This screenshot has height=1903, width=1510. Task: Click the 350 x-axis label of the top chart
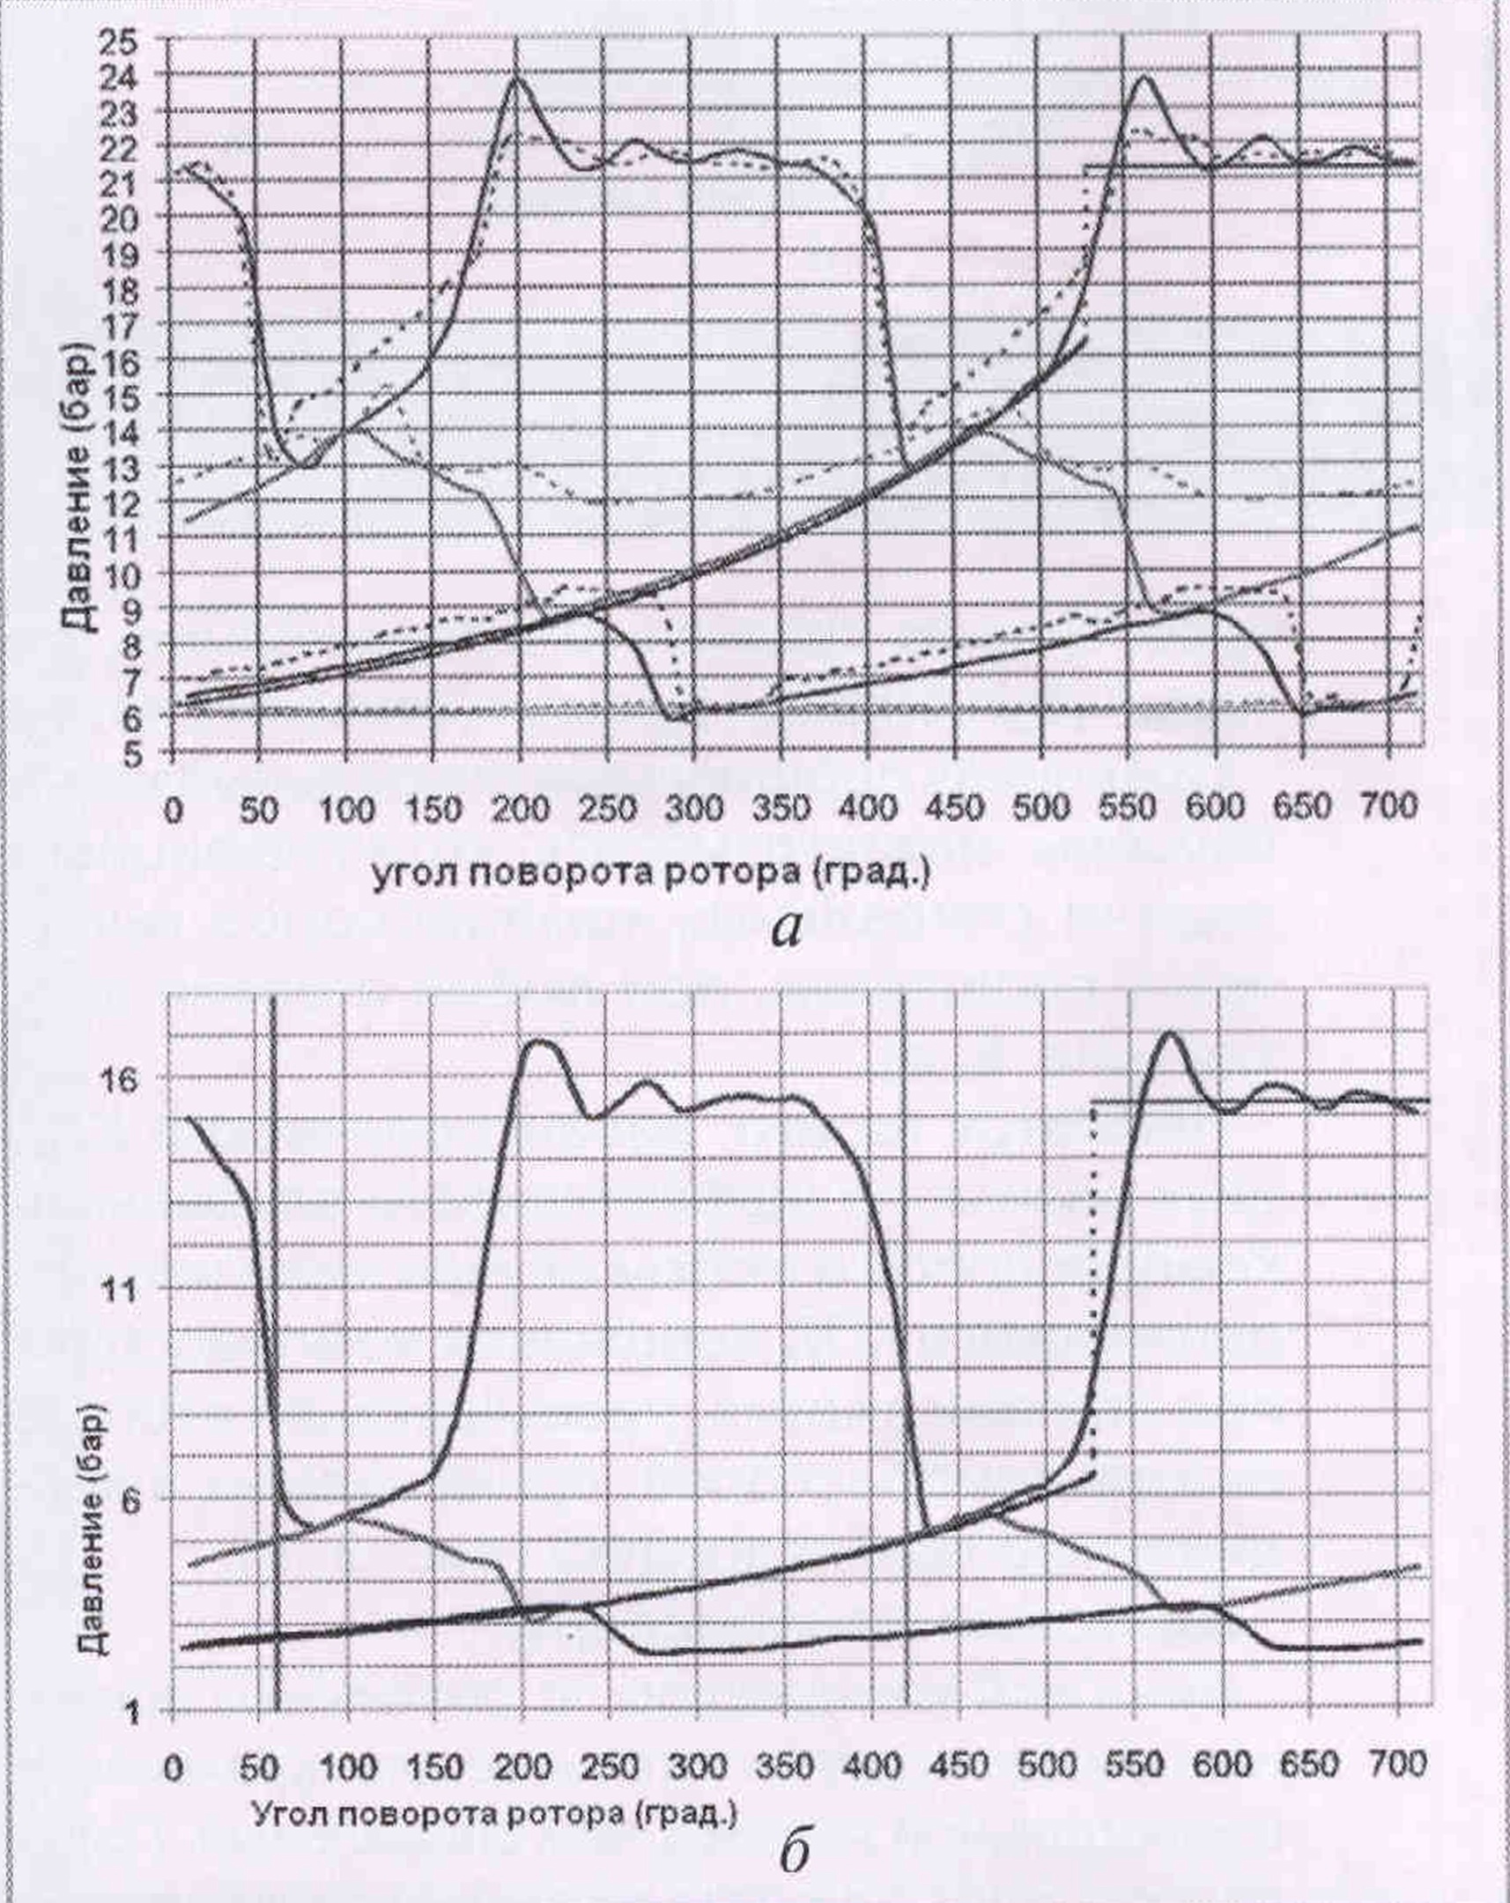coord(781,808)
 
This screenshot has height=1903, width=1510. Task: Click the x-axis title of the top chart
coord(650,873)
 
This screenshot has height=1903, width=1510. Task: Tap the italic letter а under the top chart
coord(788,929)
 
